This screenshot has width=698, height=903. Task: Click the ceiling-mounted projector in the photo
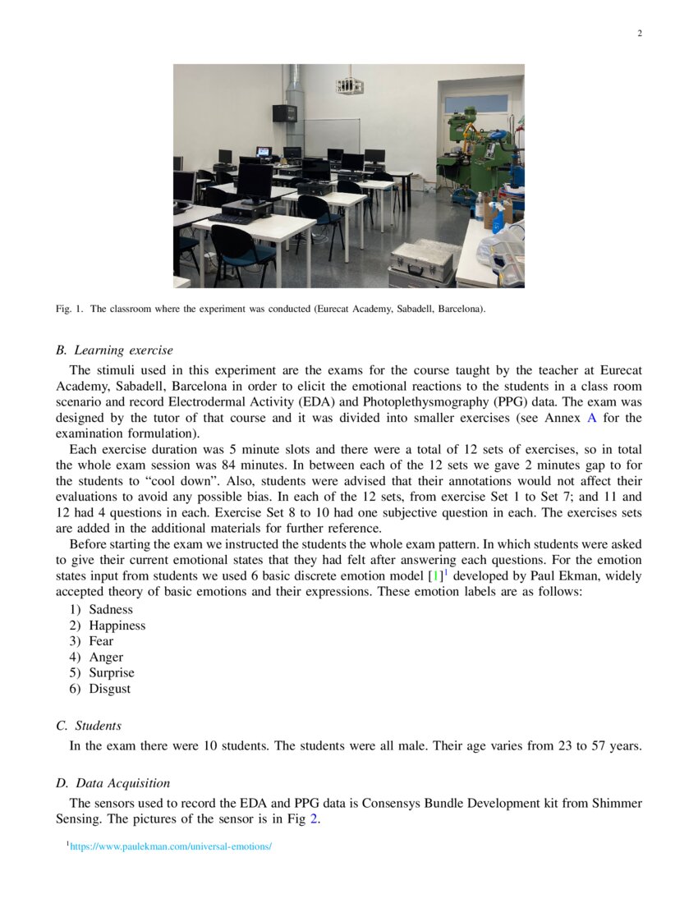tap(348, 85)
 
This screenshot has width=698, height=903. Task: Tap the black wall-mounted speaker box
tap(283, 114)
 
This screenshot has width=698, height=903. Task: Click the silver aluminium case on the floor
tap(422, 262)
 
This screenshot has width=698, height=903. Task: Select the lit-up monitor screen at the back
tap(264, 152)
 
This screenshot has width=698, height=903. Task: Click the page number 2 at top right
tap(639, 34)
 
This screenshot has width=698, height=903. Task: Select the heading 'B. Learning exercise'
tap(114, 351)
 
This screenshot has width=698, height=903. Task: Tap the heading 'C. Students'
tap(89, 726)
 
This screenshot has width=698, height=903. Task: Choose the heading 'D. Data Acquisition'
tap(113, 783)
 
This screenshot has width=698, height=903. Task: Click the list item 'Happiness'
tap(117, 626)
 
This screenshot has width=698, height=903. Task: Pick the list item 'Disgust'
tap(109, 689)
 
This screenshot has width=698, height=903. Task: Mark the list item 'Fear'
tap(101, 641)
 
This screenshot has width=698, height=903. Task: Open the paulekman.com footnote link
tap(171, 846)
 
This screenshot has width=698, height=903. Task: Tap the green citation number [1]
tap(435, 577)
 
